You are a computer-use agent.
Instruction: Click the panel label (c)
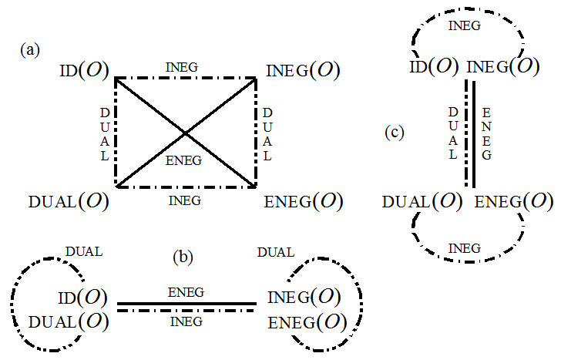pyautogui.click(x=394, y=132)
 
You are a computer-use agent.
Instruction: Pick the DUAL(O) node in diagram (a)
pyautogui.click(x=68, y=201)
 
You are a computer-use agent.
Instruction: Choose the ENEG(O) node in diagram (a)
pyautogui.click(x=303, y=201)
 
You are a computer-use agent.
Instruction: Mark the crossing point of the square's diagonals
pyautogui.click(x=185, y=133)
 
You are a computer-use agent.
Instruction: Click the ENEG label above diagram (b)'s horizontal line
pyautogui.click(x=186, y=292)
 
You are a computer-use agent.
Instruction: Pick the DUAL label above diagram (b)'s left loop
pyautogui.click(x=84, y=251)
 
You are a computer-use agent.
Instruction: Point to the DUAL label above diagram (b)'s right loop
pyautogui.click(x=276, y=251)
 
